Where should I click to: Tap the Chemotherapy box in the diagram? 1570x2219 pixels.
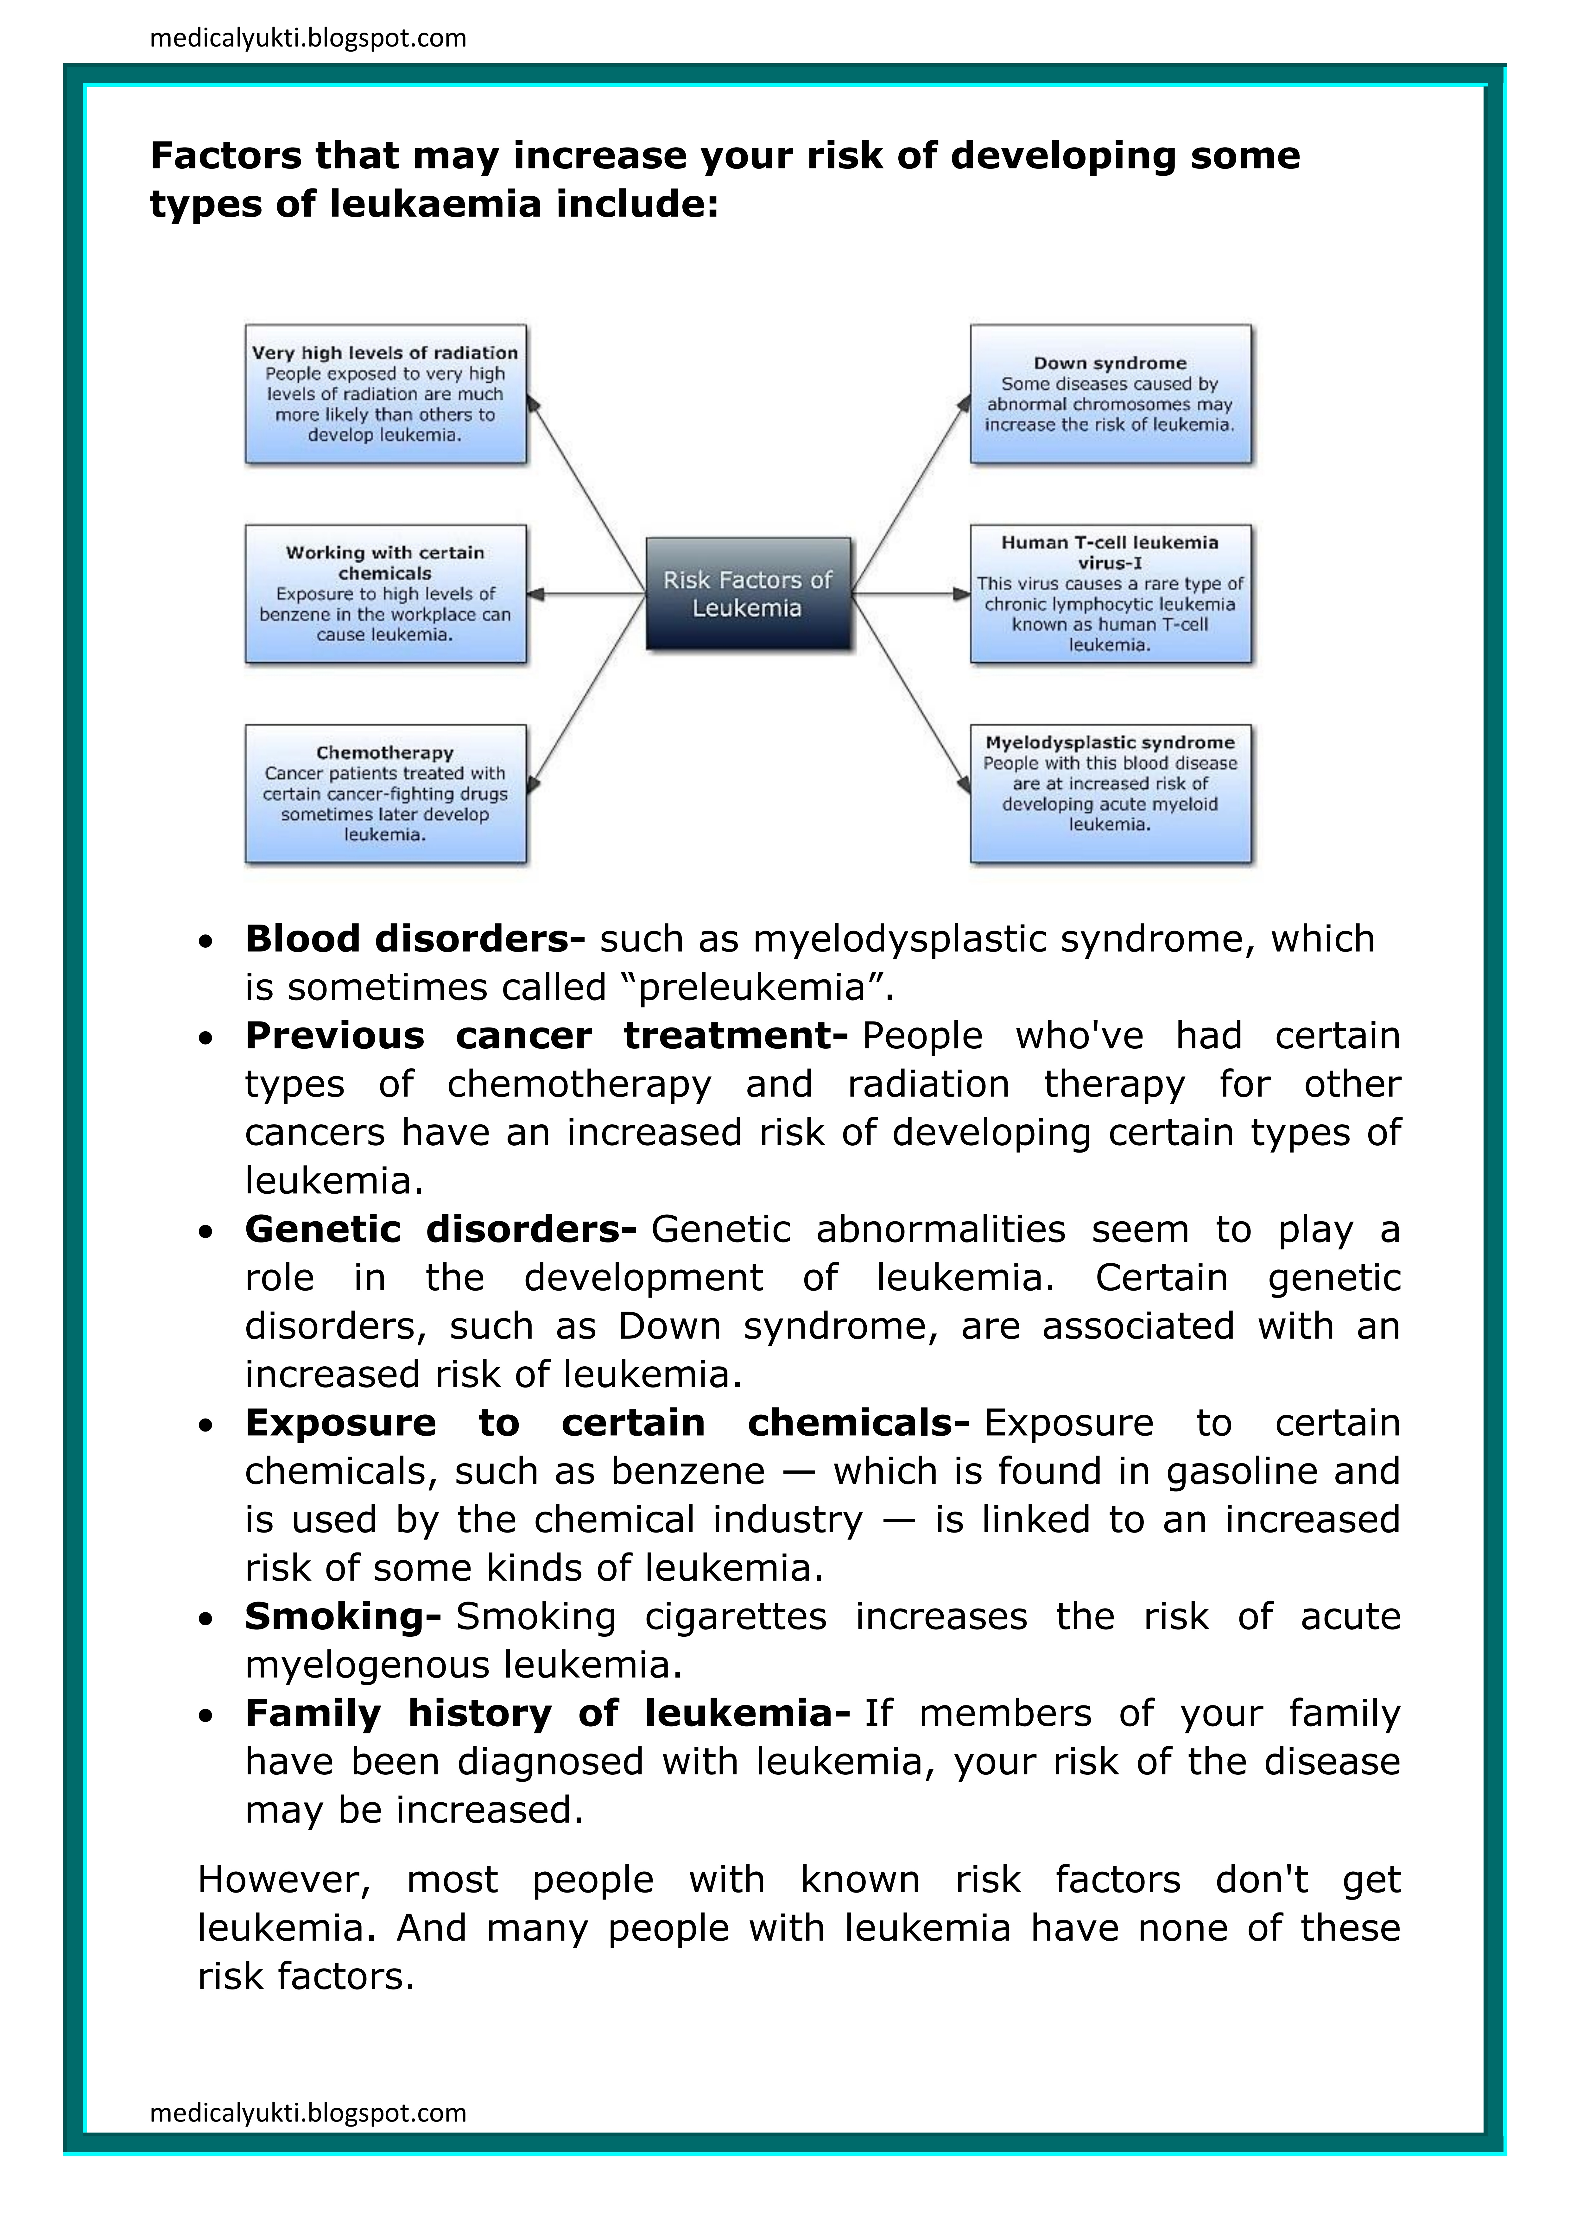tap(385, 793)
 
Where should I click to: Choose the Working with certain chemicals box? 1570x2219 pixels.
tap(385, 593)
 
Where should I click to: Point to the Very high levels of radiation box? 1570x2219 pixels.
tap(385, 394)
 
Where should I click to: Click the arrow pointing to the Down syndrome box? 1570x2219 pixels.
tap(909, 493)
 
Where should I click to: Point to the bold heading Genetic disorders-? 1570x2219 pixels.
tap(440, 1229)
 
